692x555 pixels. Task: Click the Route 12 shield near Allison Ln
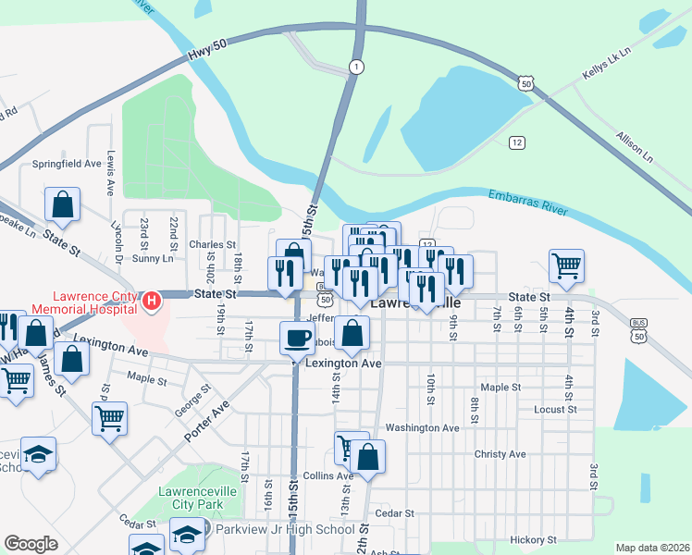pyautogui.click(x=516, y=142)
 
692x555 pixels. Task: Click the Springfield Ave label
pyautogui.click(x=67, y=164)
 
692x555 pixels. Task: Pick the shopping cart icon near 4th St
pyautogui.click(x=566, y=265)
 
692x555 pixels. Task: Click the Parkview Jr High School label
pyautogui.click(x=285, y=529)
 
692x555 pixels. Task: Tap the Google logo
pyautogui.click(x=31, y=544)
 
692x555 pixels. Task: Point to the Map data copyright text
pyautogui.click(x=651, y=548)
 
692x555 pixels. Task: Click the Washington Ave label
pyautogui.click(x=422, y=428)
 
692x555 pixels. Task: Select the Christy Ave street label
pyautogui.click(x=500, y=454)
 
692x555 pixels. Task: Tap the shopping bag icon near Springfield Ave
pyautogui.click(x=62, y=204)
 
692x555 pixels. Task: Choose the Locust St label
pyautogui.click(x=555, y=408)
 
